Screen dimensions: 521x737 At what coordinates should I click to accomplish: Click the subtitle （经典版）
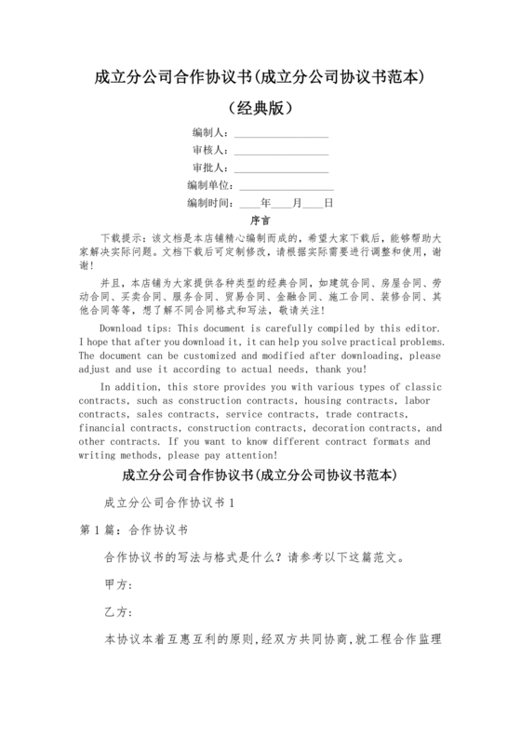[x=260, y=107]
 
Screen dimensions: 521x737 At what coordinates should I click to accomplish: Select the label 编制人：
[x=210, y=132]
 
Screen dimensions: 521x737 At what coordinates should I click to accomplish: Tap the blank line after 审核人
[x=281, y=150]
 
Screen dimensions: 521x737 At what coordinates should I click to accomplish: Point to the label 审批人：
[x=210, y=167]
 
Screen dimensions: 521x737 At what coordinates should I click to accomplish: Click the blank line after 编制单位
[x=287, y=185]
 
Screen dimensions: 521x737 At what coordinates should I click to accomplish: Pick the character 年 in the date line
[x=266, y=203]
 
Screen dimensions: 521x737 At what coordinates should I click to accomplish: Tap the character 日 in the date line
[x=328, y=203]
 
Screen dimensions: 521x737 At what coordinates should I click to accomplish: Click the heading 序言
[x=260, y=221]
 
